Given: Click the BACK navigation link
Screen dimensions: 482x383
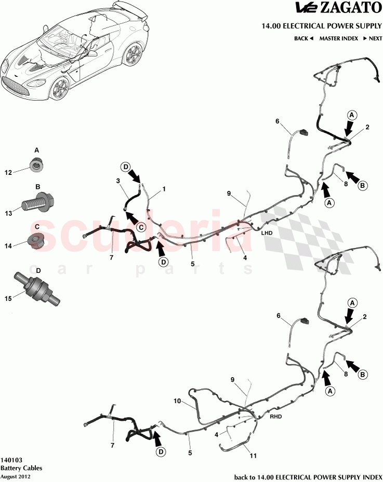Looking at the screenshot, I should click(303, 38).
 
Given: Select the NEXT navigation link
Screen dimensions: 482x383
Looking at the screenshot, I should click(372, 38).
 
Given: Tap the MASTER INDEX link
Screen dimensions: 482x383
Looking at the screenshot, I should click(338, 38).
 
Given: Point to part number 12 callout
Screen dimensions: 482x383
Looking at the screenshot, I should click(8, 172).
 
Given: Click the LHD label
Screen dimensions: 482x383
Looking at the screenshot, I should click(267, 233).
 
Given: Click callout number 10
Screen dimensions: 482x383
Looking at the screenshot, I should click(177, 401).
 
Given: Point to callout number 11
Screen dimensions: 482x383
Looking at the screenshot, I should click(253, 456).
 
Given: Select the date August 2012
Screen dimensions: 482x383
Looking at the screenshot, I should click(16, 476).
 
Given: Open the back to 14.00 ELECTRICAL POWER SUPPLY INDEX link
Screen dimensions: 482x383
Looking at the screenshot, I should click(308, 476).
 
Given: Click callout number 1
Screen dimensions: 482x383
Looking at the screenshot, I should click(164, 189).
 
